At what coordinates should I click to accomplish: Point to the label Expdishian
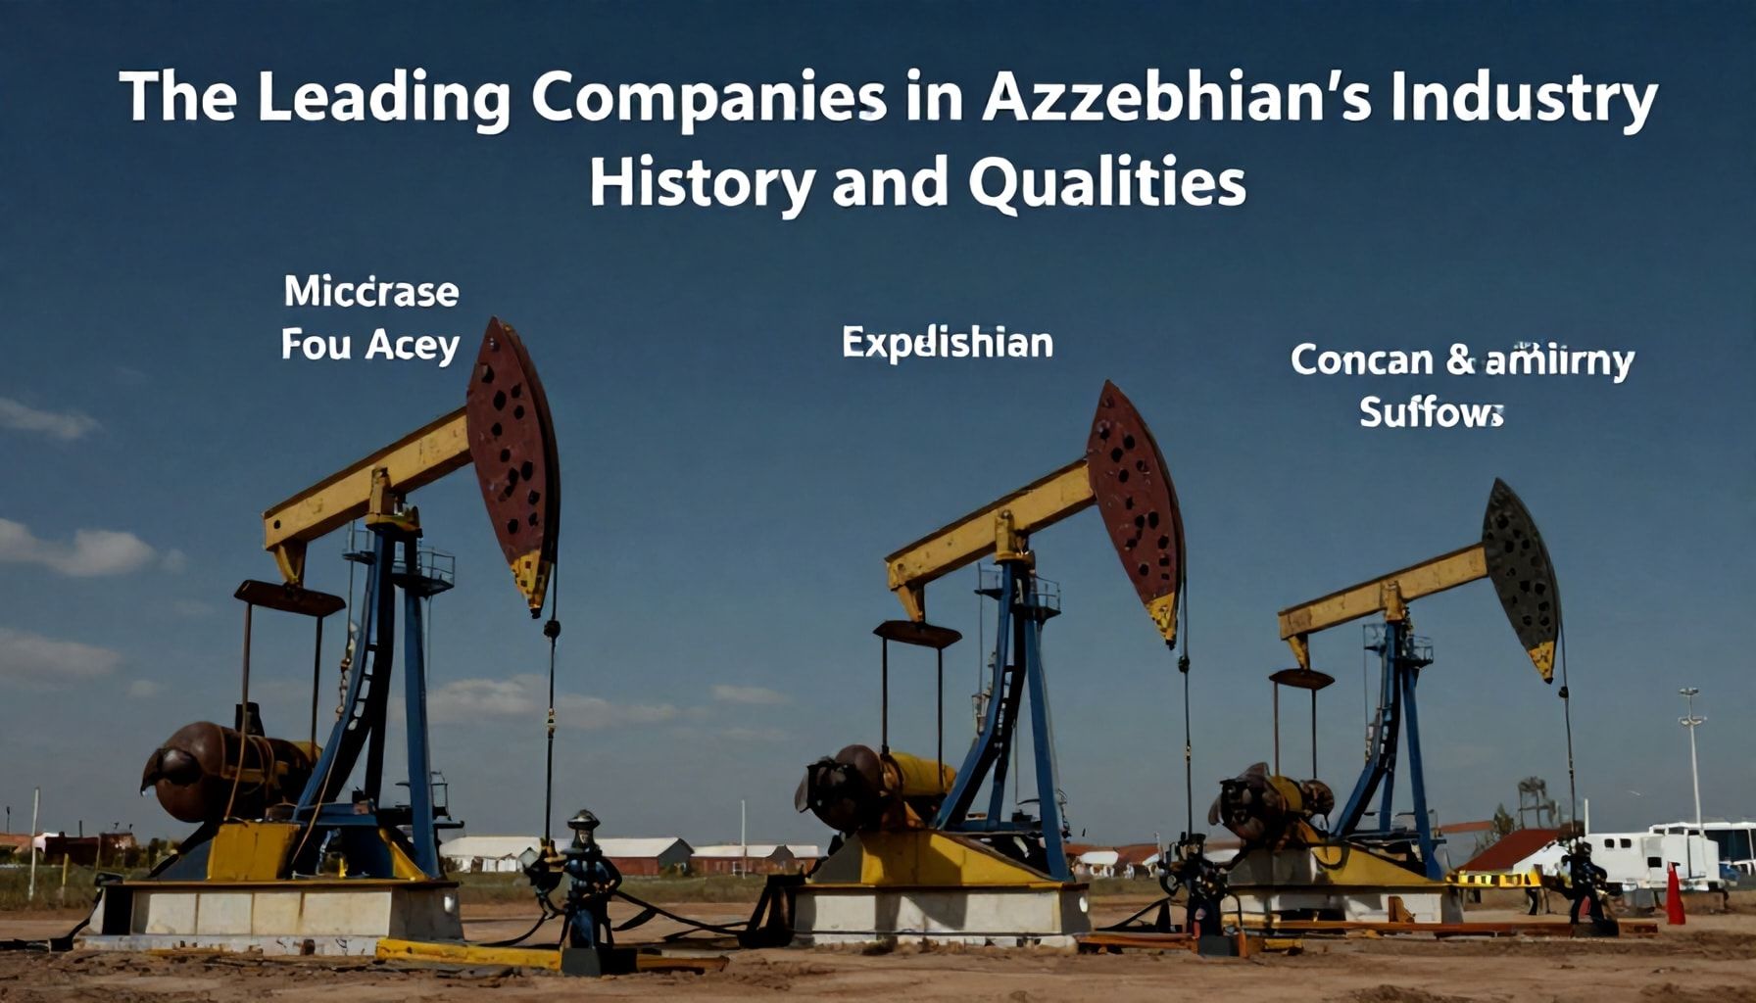[x=948, y=344]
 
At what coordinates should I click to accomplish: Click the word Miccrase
[x=371, y=291]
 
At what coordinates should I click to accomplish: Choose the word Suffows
[x=1431, y=412]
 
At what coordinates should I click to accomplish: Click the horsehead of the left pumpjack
[x=512, y=461]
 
